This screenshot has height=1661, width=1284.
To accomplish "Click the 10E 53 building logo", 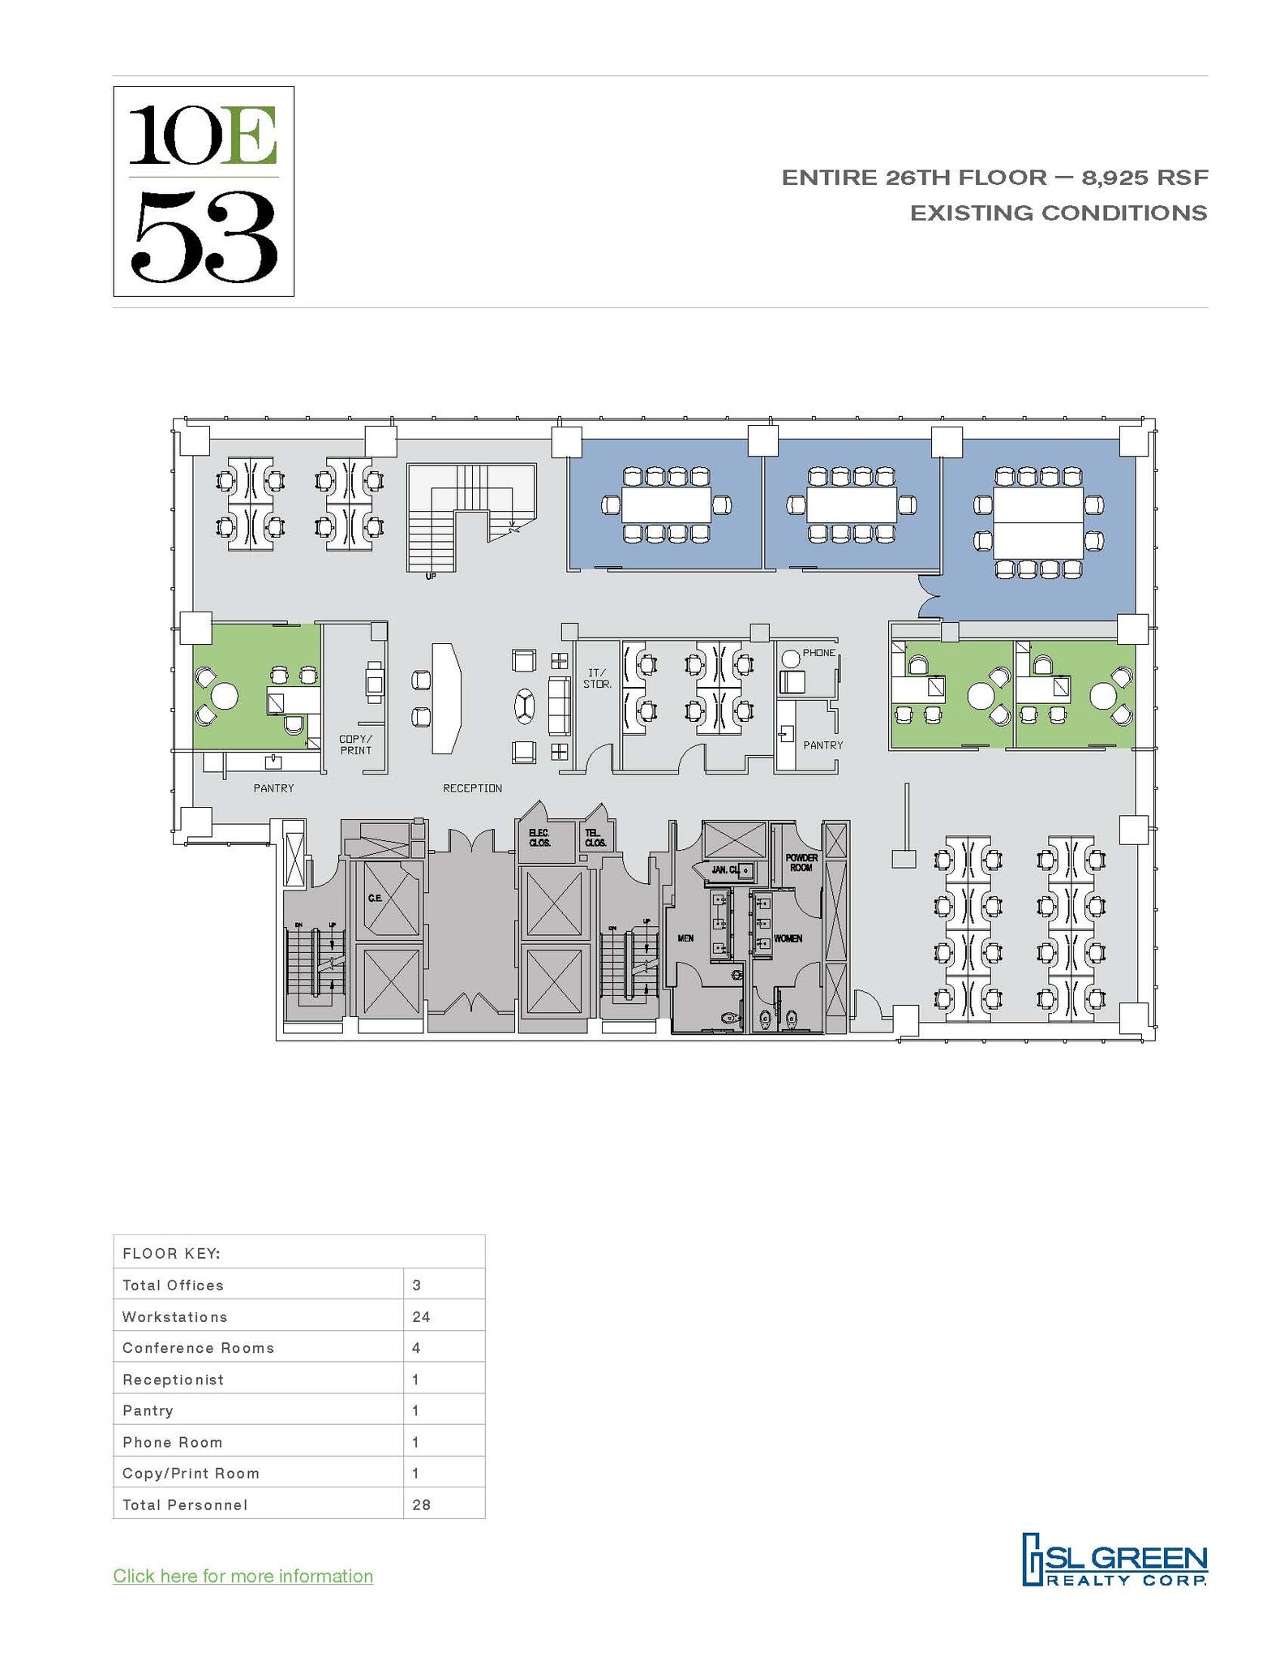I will coord(204,191).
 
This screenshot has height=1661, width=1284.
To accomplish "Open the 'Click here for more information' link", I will coord(243,1576).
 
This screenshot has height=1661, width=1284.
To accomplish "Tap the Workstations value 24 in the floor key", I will coord(421,1316).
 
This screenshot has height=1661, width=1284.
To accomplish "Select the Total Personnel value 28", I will coord(421,1504).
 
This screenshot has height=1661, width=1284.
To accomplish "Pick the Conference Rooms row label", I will coord(199,1348).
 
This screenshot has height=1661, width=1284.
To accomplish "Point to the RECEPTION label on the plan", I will coord(472,788).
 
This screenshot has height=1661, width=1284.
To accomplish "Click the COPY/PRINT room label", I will coord(355,745).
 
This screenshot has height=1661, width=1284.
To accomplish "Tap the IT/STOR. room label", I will coord(597,679).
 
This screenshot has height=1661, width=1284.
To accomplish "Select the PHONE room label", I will coord(818,653).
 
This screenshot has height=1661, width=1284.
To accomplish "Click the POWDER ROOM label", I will coord(801,862).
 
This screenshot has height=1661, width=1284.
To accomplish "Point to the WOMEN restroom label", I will coord(788,938).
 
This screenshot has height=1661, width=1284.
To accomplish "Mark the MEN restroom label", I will coord(685,938).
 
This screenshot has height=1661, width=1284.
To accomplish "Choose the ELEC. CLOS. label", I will coord(539,838).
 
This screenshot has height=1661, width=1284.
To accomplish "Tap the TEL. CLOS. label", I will coord(595,838).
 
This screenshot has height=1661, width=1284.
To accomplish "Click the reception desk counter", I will coord(445,697).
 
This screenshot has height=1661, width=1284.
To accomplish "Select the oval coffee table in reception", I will coord(525,706).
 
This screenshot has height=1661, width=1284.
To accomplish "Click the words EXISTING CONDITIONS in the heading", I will coord(1058,213).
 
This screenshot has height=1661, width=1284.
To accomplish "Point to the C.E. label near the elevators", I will coord(375,899).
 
